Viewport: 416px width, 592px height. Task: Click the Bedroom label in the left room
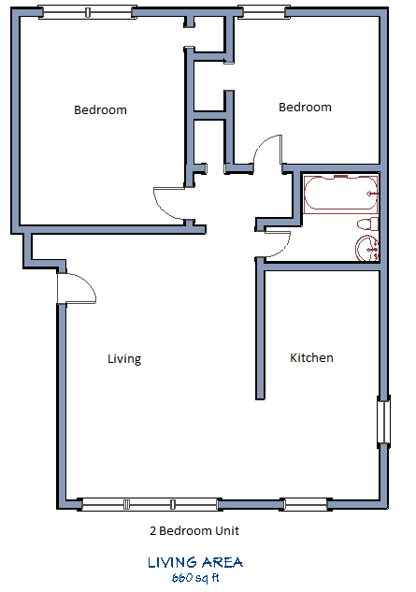click(x=100, y=110)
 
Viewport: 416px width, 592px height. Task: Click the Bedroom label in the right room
click(x=305, y=108)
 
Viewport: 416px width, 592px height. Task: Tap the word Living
click(x=123, y=359)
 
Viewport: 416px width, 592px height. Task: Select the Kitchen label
click(x=311, y=358)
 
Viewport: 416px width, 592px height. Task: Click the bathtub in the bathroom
click(x=339, y=195)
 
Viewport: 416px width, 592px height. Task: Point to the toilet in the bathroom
click(x=366, y=225)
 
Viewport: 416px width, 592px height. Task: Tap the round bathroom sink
click(x=365, y=249)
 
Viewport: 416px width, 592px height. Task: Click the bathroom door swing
click(x=279, y=244)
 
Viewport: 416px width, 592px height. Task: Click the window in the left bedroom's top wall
click(x=87, y=13)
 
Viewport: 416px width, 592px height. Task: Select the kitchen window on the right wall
click(x=383, y=421)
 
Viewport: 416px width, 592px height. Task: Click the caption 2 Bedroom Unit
click(x=194, y=531)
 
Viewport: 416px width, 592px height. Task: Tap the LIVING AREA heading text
click(x=194, y=562)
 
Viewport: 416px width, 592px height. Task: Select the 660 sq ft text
click(x=194, y=577)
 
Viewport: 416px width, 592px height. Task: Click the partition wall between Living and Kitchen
click(x=259, y=332)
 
